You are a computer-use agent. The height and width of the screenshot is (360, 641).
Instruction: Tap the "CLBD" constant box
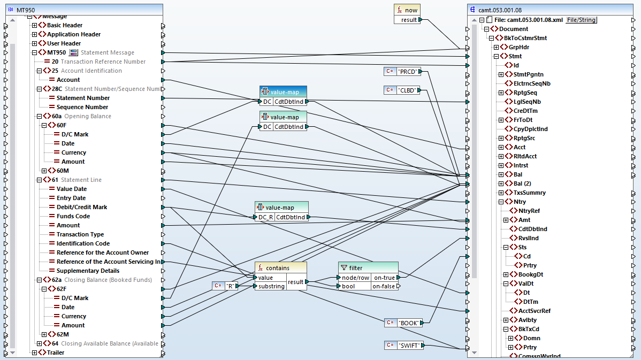(x=408, y=90)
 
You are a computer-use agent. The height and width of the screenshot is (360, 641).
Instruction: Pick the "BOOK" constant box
(x=409, y=323)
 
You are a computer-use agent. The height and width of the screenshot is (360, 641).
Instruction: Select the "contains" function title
(x=277, y=268)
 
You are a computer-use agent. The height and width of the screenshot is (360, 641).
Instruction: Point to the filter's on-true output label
(x=384, y=278)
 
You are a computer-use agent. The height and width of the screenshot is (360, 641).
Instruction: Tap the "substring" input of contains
(x=272, y=286)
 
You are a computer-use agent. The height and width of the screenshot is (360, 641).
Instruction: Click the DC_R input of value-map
(x=266, y=217)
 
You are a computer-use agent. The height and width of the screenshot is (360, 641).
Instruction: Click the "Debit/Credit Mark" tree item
(x=82, y=207)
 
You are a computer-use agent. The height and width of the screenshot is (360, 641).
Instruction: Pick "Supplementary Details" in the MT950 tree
(x=88, y=271)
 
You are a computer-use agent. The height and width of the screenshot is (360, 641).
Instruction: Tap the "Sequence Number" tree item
(x=82, y=107)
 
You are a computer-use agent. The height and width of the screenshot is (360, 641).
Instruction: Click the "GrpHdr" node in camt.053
(x=518, y=47)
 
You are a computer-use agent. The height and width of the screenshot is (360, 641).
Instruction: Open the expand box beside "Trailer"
(x=35, y=353)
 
